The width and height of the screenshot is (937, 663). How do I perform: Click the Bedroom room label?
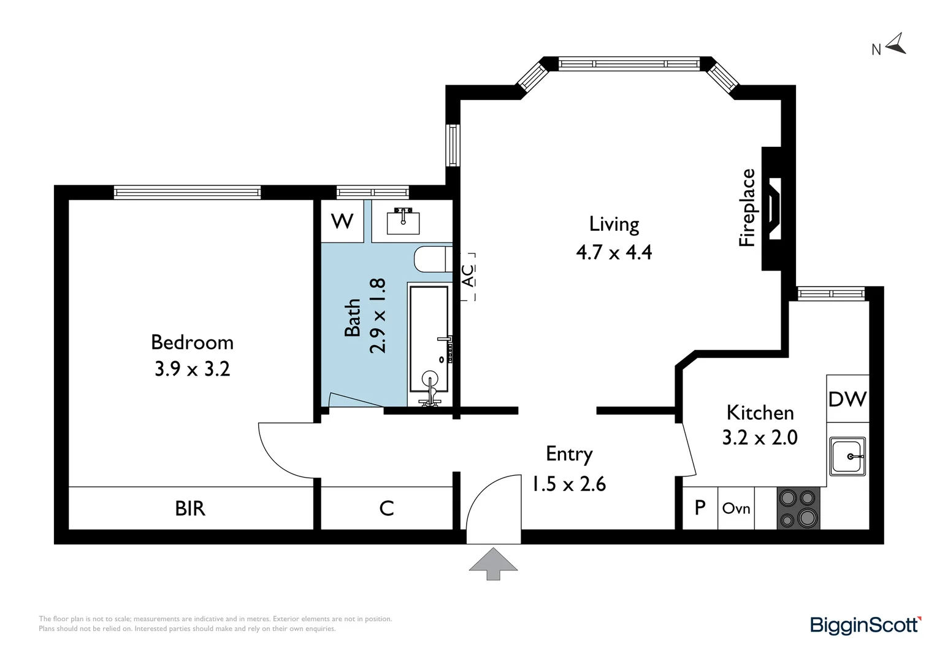(192, 343)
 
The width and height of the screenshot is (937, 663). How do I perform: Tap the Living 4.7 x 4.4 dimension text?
(614, 252)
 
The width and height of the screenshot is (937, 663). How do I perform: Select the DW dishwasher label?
(847, 400)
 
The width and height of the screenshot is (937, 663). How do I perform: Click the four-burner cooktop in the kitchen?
(798, 508)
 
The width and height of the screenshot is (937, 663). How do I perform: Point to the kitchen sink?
(847, 456)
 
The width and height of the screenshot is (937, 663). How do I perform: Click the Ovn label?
(736, 508)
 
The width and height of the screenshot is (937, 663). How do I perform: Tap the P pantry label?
(700, 508)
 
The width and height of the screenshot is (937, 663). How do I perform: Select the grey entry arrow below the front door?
(493, 564)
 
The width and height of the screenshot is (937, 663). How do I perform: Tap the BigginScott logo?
(865, 626)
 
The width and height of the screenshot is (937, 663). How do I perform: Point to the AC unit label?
(467, 276)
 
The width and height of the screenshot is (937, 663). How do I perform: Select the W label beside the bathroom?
(342, 221)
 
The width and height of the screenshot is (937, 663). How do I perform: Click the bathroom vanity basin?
(403, 221)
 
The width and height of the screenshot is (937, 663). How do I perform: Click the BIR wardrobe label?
(190, 508)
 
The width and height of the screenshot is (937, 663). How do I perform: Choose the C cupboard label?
(386, 508)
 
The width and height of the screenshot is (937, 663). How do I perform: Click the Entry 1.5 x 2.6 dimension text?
(568, 484)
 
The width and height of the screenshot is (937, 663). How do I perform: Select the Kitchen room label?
(760, 413)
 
